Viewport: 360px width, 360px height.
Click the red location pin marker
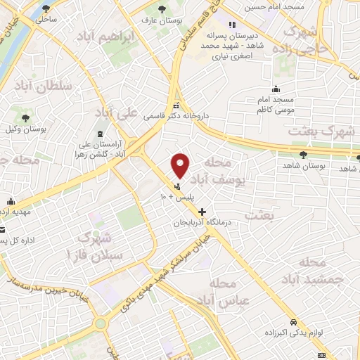click(x=181, y=165)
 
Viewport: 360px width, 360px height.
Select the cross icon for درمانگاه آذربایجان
click(x=202, y=212)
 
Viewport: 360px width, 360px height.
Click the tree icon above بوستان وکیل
click(x=26, y=117)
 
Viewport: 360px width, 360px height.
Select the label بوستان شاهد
click(x=302, y=165)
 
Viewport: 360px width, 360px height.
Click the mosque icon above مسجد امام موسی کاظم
click(x=276, y=89)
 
